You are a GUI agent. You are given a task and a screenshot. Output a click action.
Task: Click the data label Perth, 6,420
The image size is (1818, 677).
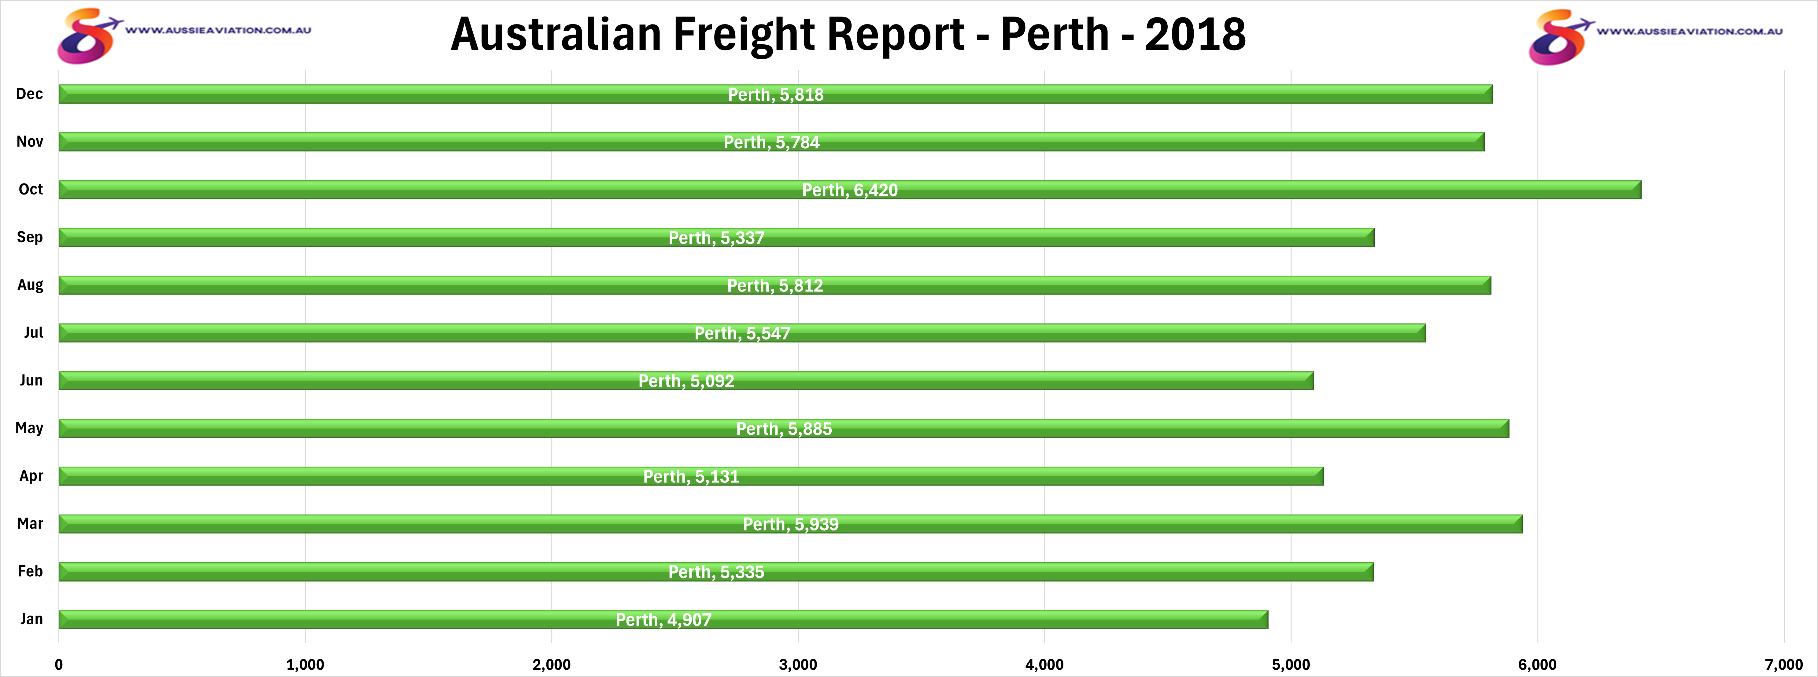coord(850,190)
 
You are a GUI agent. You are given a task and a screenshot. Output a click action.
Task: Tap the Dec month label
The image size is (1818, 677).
coord(30,94)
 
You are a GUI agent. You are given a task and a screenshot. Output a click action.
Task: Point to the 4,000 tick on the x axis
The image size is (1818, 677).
coord(1044,664)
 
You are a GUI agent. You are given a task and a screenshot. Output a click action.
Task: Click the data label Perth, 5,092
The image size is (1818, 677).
coord(686,381)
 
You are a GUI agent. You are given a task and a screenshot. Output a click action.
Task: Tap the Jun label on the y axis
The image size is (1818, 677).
coord(31,381)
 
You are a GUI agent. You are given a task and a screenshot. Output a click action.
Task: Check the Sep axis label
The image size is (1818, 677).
coord(30,237)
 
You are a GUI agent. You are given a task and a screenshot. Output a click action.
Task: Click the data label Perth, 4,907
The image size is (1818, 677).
coord(663,620)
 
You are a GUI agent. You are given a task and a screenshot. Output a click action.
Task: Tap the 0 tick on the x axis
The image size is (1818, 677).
coord(59,664)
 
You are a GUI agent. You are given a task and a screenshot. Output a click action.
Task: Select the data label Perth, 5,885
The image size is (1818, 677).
coord(784,429)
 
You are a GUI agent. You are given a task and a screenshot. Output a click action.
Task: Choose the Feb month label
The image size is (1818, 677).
coord(30,571)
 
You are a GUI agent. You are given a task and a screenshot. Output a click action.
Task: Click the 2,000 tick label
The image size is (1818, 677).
coord(551,664)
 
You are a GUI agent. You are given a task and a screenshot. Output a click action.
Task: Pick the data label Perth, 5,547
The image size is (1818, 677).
coord(742,333)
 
